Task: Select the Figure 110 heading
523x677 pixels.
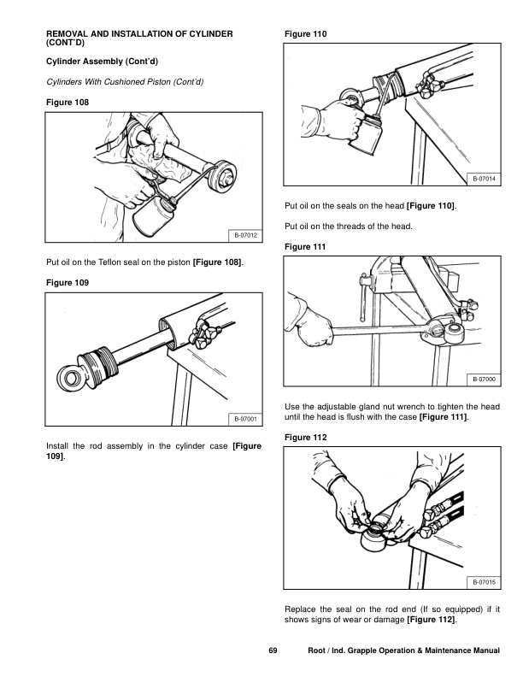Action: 304,33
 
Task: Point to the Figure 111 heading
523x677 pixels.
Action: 304,246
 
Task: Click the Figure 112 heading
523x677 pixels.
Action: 304,438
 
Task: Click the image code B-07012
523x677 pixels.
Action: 243,235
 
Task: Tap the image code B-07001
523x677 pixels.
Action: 243,418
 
